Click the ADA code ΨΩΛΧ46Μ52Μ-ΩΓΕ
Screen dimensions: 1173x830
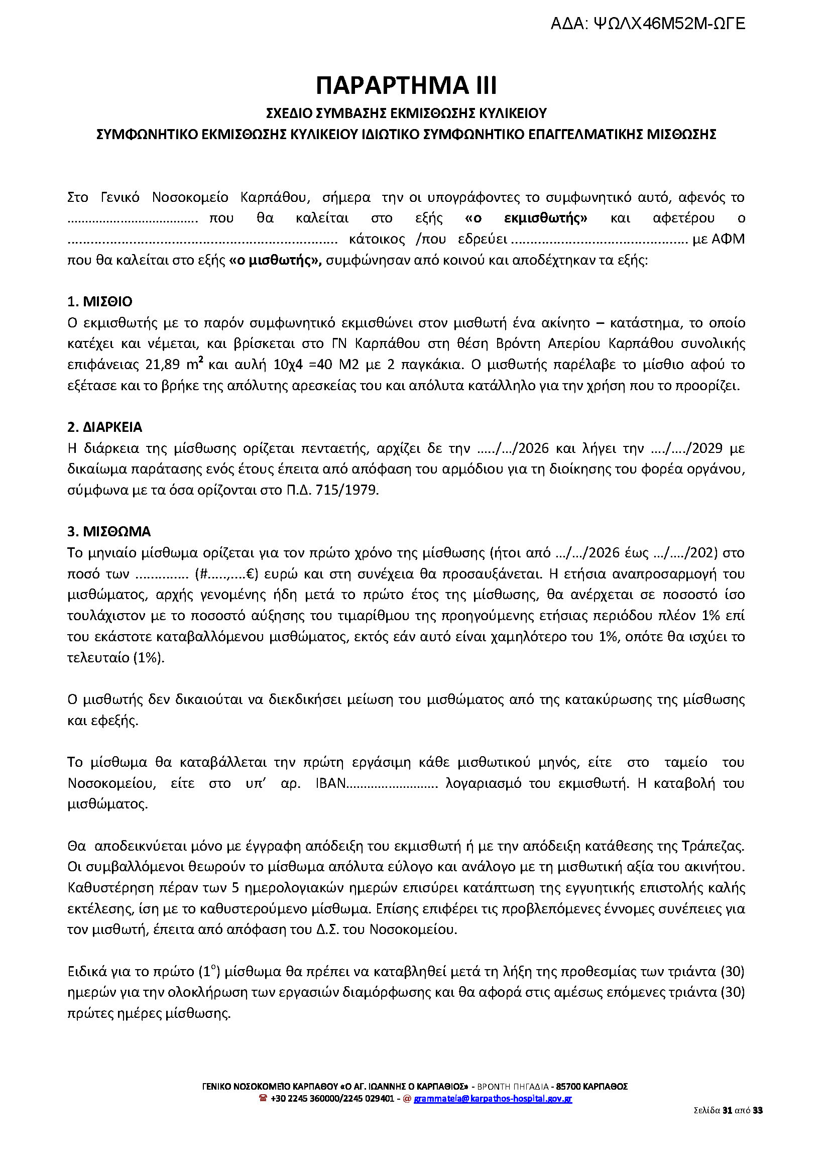tap(669, 24)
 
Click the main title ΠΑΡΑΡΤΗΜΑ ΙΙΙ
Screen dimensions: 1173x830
tap(406, 85)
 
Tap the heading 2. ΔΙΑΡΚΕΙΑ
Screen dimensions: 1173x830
tap(105, 427)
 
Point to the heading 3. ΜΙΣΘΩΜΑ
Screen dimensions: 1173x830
tap(109, 532)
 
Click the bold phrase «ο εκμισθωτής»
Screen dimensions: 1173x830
tap(526, 218)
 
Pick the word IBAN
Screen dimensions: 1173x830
tap(331, 783)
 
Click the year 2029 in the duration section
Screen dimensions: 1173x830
tap(707, 448)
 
